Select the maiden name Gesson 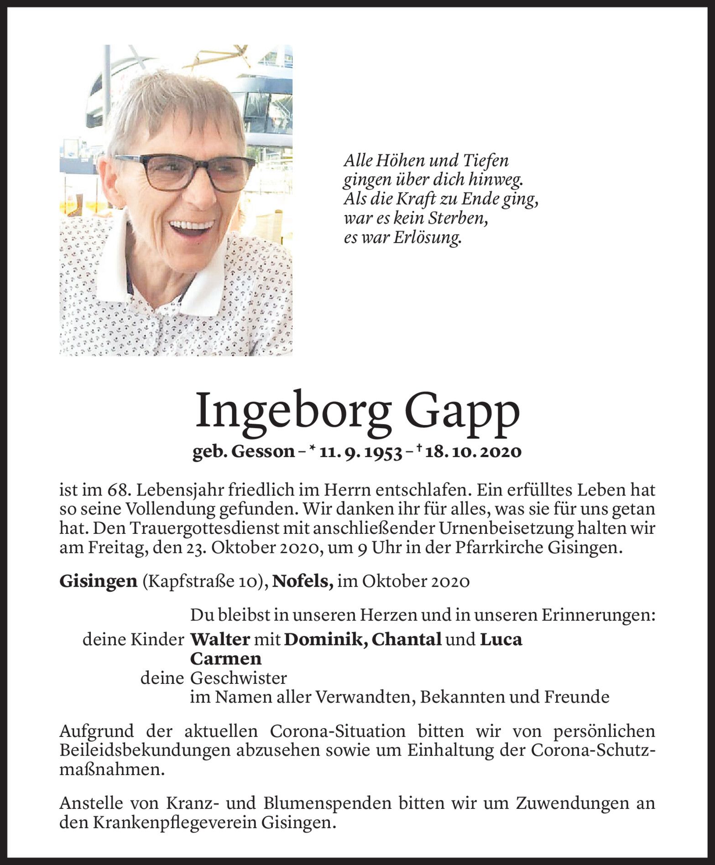coord(263,452)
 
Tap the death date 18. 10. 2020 coord(473,452)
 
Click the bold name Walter coord(220,639)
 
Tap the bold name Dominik coord(325,639)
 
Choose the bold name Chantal coord(407,639)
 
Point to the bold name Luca coord(501,639)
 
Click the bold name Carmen coord(226,658)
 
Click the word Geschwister coord(238,678)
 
